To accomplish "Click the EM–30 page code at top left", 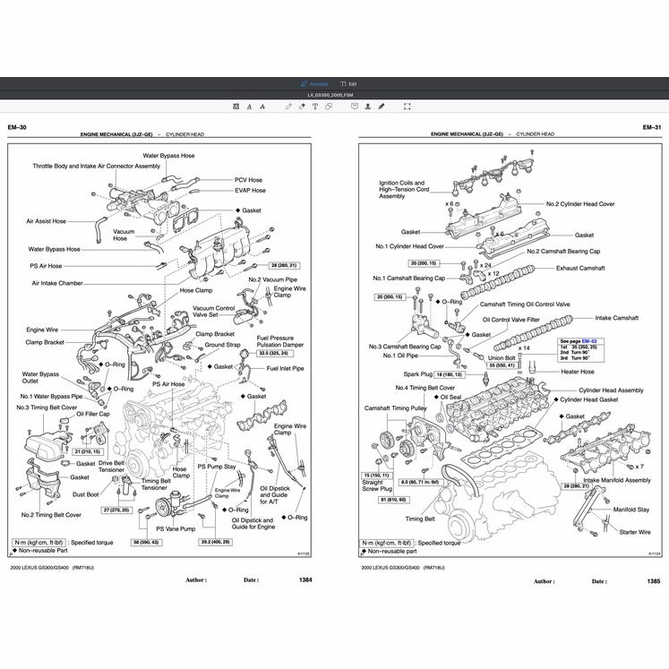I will coord(17,128).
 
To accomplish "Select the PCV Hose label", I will coord(248,179).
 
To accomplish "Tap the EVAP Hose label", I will coord(250,191).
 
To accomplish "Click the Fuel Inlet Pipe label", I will coord(285,368).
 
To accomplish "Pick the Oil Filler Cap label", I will coord(92,415).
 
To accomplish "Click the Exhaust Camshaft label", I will coord(580,268).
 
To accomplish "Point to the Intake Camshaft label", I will coord(618,318).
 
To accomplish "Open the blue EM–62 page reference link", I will coord(589,341).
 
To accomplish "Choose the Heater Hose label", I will coord(578,372).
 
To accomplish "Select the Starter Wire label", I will coord(634,532).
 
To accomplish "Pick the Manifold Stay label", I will coord(630,509).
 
